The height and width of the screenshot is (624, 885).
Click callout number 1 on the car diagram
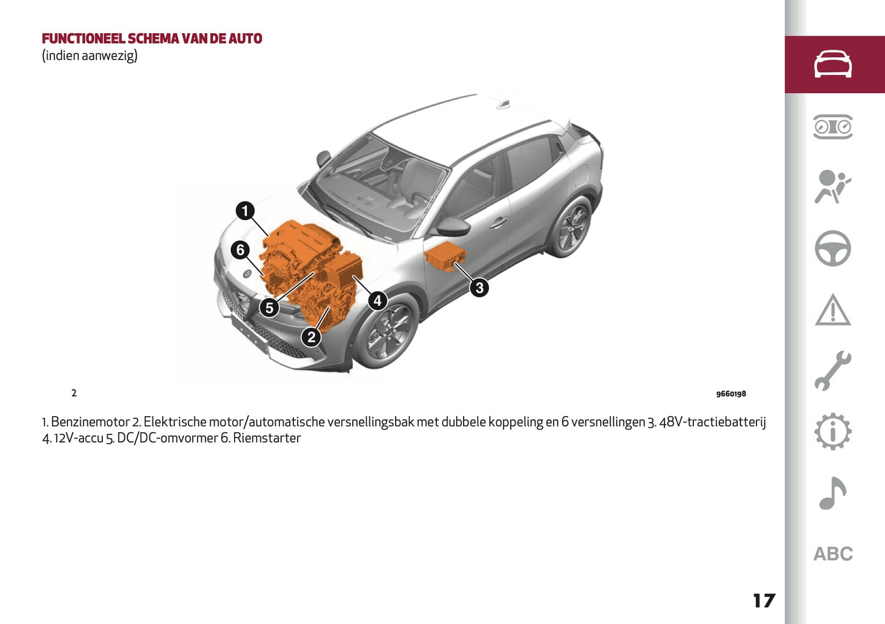(x=245, y=211)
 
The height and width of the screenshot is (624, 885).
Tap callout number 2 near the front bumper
(x=311, y=337)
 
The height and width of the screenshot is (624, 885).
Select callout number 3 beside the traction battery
(x=479, y=287)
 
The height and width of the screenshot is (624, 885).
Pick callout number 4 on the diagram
(x=377, y=300)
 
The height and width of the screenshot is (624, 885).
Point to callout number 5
(x=269, y=308)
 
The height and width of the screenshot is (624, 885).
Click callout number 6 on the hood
(x=240, y=249)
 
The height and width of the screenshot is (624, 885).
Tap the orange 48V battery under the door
(x=445, y=256)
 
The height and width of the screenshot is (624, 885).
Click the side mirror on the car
(x=453, y=227)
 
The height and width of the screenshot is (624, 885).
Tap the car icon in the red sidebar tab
(x=833, y=64)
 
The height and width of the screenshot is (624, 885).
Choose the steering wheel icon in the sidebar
(x=833, y=248)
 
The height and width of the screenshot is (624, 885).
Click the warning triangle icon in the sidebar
(x=833, y=310)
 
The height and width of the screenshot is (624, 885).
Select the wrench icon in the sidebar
(x=833, y=371)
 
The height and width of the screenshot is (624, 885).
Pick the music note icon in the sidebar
(x=833, y=493)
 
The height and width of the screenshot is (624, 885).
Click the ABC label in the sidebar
(x=833, y=554)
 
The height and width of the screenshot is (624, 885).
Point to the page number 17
(x=764, y=601)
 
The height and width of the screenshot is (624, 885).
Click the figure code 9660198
(x=731, y=394)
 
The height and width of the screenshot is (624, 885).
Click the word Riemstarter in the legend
(x=267, y=438)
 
